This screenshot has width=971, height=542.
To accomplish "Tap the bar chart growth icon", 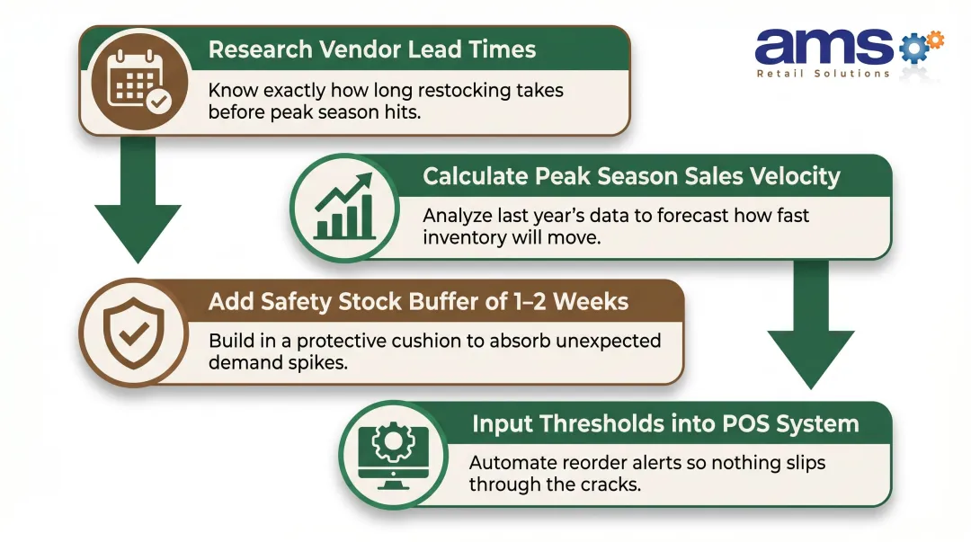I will click(x=343, y=209).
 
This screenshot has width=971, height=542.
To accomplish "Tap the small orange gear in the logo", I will click(x=935, y=40).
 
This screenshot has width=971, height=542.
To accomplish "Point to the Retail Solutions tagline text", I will click(x=823, y=74).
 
